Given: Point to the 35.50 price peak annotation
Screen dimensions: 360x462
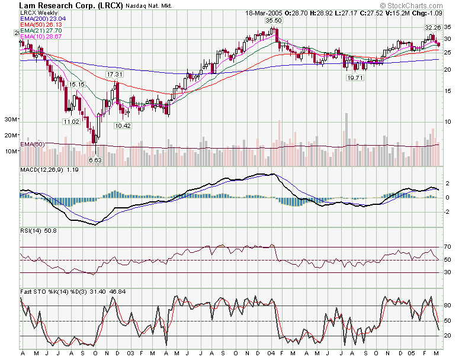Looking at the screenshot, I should click(x=273, y=21).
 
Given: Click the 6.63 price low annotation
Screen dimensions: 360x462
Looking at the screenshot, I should click(x=95, y=160).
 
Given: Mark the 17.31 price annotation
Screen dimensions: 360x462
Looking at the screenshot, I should click(x=114, y=75).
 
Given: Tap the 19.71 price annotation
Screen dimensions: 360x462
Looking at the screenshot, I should click(x=354, y=78).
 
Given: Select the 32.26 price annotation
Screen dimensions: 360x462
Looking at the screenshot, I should click(x=432, y=28).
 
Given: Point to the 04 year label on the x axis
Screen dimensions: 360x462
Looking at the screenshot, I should click(x=271, y=353).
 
